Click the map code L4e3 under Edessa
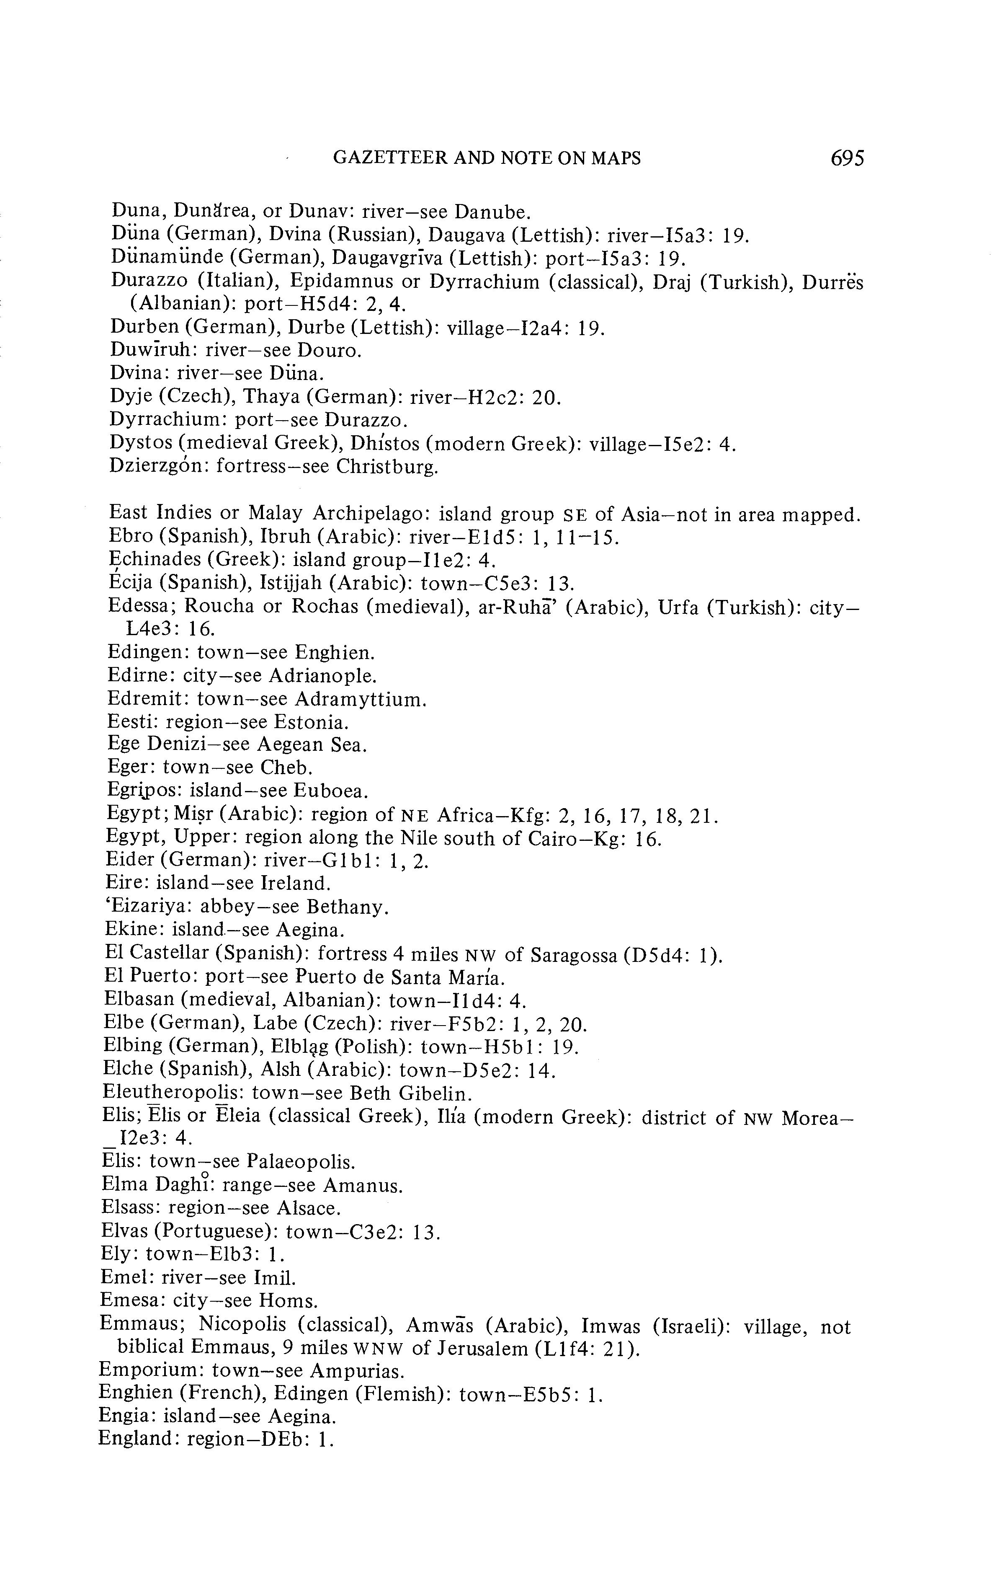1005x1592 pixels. pos(155,629)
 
